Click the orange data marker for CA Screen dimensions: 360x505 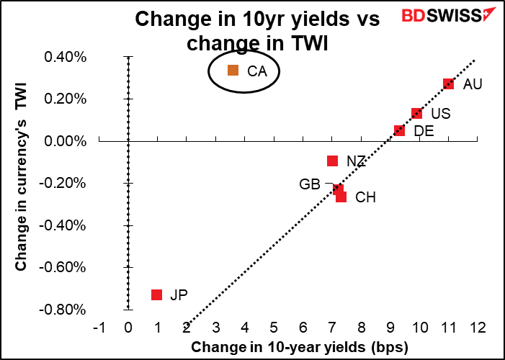233,71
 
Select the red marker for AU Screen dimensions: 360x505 449,84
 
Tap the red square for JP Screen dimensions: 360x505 156,294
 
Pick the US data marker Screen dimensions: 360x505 416,114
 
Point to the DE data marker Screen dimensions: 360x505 399,130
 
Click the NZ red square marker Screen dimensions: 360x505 332,161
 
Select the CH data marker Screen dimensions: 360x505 341,197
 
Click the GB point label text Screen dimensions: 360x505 310,184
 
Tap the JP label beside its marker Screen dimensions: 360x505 178,295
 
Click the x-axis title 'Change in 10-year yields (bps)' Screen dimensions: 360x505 300,348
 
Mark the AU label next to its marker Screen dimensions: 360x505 473,84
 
